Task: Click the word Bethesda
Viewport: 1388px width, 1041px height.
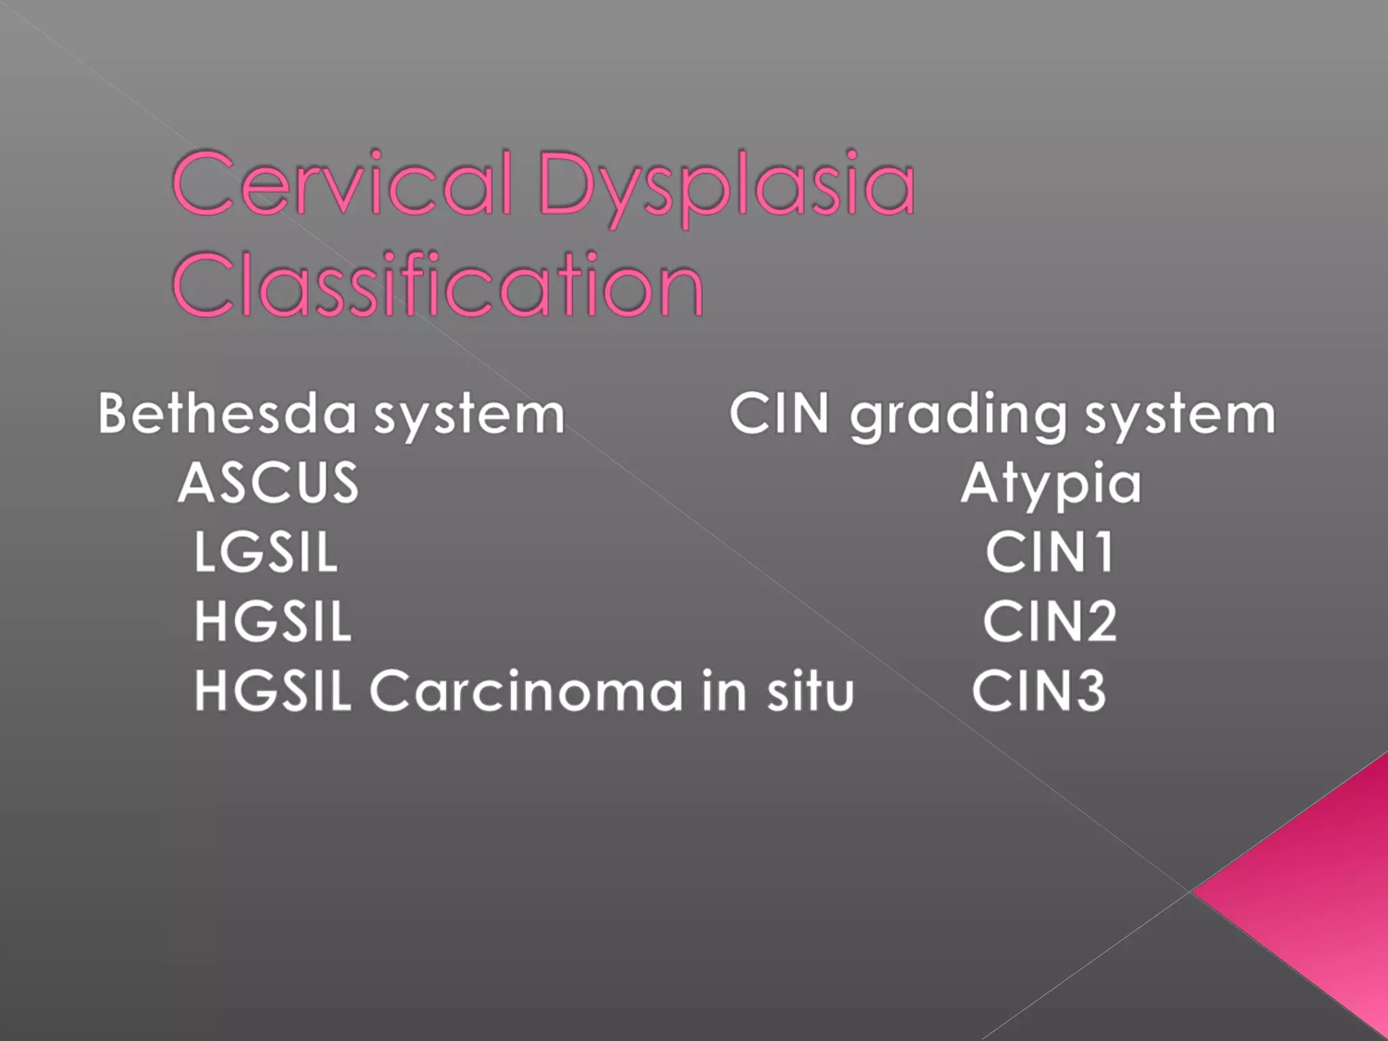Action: [227, 413]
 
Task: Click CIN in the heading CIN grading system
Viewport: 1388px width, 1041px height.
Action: [779, 413]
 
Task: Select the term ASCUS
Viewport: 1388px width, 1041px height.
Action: [268, 483]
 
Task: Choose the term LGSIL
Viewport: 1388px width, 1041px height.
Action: [266, 552]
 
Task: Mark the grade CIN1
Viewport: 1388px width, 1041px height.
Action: [1050, 552]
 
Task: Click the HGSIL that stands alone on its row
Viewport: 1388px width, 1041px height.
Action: [273, 621]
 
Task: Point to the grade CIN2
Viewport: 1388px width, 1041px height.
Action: [1050, 621]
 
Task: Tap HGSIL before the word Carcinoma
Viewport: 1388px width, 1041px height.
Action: [273, 691]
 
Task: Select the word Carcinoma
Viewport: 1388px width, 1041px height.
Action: [526, 691]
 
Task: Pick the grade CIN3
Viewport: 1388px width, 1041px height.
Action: [1039, 691]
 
